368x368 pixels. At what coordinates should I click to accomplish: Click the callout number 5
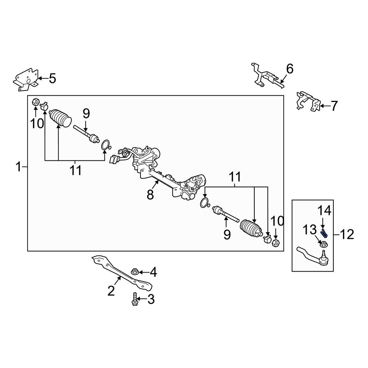click(53, 78)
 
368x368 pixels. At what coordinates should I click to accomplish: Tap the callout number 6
click(290, 69)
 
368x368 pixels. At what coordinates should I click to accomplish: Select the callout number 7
click(334, 106)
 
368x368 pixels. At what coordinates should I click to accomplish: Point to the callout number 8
click(150, 194)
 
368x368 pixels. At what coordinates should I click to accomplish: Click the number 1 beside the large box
click(18, 167)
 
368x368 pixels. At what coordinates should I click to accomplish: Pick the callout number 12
click(347, 234)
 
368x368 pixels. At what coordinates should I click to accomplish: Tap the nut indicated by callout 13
click(324, 244)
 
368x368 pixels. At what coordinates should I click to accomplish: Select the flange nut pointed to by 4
click(135, 272)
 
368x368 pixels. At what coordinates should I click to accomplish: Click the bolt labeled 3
click(134, 299)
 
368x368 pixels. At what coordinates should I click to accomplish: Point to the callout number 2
click(111, 291)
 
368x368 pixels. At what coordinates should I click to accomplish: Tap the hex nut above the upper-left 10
click(35, 103)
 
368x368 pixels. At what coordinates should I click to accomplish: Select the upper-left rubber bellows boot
click(61, 118)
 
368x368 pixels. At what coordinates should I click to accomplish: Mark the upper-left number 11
click(75, 170)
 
